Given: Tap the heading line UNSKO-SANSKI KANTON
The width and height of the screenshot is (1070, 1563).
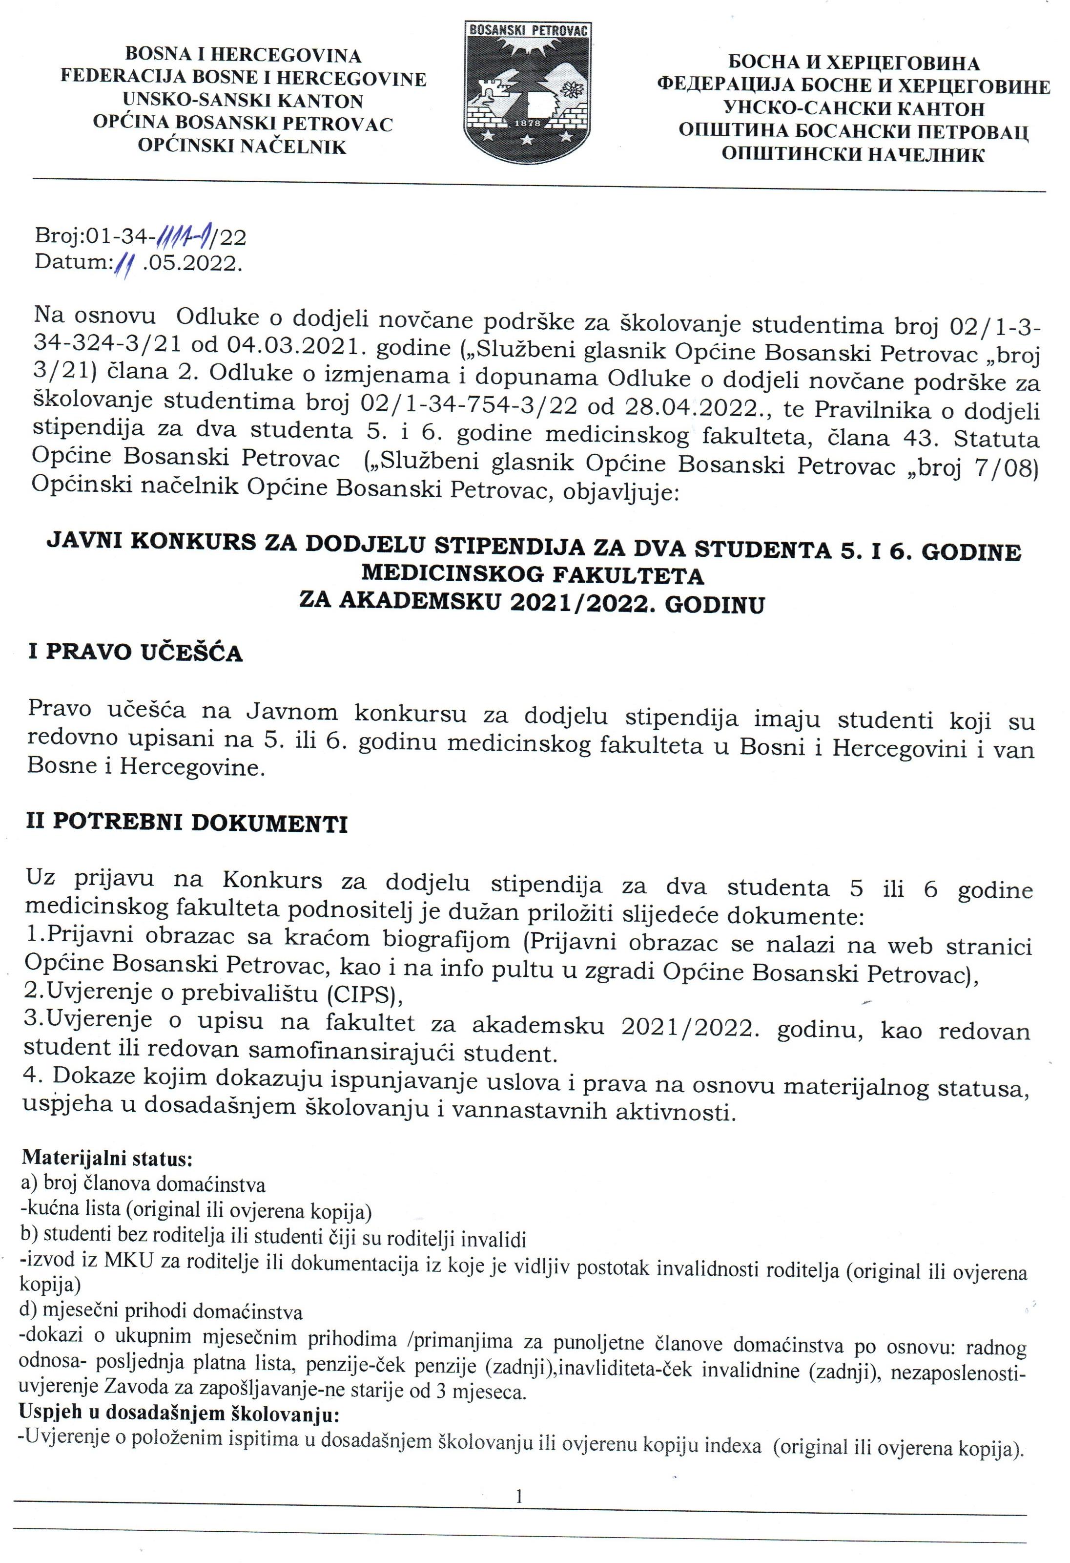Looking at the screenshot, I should click(243, 101).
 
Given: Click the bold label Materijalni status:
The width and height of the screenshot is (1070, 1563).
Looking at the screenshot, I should click(109, 1159).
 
